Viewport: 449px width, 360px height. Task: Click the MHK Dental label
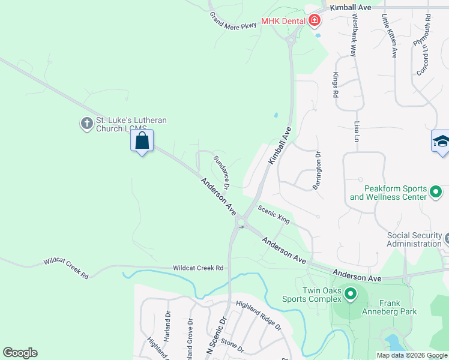tap(283, 22)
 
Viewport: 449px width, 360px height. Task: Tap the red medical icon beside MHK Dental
tap(314, 22)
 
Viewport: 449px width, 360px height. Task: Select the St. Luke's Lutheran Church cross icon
tap(86, 124)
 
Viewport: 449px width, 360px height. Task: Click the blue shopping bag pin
tap(142, 142)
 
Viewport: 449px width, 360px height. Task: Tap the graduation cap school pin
tap(441, 142)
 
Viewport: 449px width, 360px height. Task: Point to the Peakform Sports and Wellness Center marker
tap(436, 193)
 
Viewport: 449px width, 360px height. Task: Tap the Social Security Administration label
tap(414, 239)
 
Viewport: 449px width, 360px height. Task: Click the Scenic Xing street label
tap(274, 214)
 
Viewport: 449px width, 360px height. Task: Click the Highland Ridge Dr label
tap(259, 315)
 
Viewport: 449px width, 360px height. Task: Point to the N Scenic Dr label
tap(216, 339)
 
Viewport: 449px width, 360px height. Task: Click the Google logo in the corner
tap(20, 353)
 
